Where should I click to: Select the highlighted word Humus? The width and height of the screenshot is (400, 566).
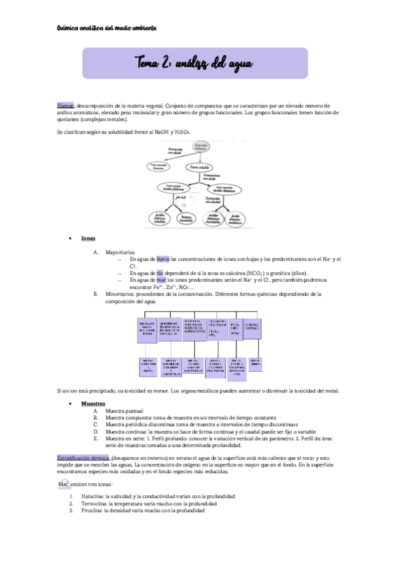tap(65, 105)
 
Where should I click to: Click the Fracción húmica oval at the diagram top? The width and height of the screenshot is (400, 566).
tap(201, 146)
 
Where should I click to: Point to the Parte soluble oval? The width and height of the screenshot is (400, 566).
tap(203, 167)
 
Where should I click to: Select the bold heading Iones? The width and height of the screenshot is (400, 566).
tap(88, 238)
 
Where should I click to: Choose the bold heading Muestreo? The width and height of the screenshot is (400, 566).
tap(93, 404)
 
